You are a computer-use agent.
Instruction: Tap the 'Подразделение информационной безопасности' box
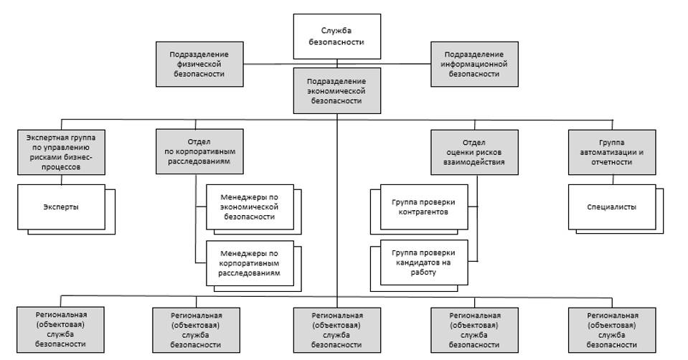click(473, 63)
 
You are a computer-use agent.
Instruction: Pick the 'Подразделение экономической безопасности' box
click(336, 90)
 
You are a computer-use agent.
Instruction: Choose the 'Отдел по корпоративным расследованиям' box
click(196, 151)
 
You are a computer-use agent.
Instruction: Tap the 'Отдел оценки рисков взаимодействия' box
click(474, 151)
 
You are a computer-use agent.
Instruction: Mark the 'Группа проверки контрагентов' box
click(423, 207)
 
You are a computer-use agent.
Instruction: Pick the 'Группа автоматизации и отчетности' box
click(612, 151)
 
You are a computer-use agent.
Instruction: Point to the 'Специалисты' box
click(612, 207)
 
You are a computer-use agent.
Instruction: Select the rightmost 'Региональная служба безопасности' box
click(612, 329)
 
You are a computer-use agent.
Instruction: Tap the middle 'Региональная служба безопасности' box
click(336, 329)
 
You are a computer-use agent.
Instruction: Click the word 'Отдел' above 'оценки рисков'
click(474, 141)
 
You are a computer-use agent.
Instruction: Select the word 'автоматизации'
click(607, 151)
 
